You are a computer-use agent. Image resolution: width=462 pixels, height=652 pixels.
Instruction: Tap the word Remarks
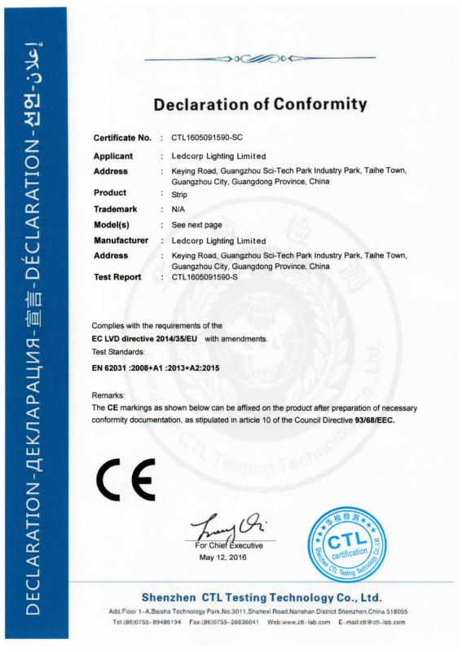coord(108,394)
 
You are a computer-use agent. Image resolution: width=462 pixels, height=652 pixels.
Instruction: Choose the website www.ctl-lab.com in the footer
coord(305,621)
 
